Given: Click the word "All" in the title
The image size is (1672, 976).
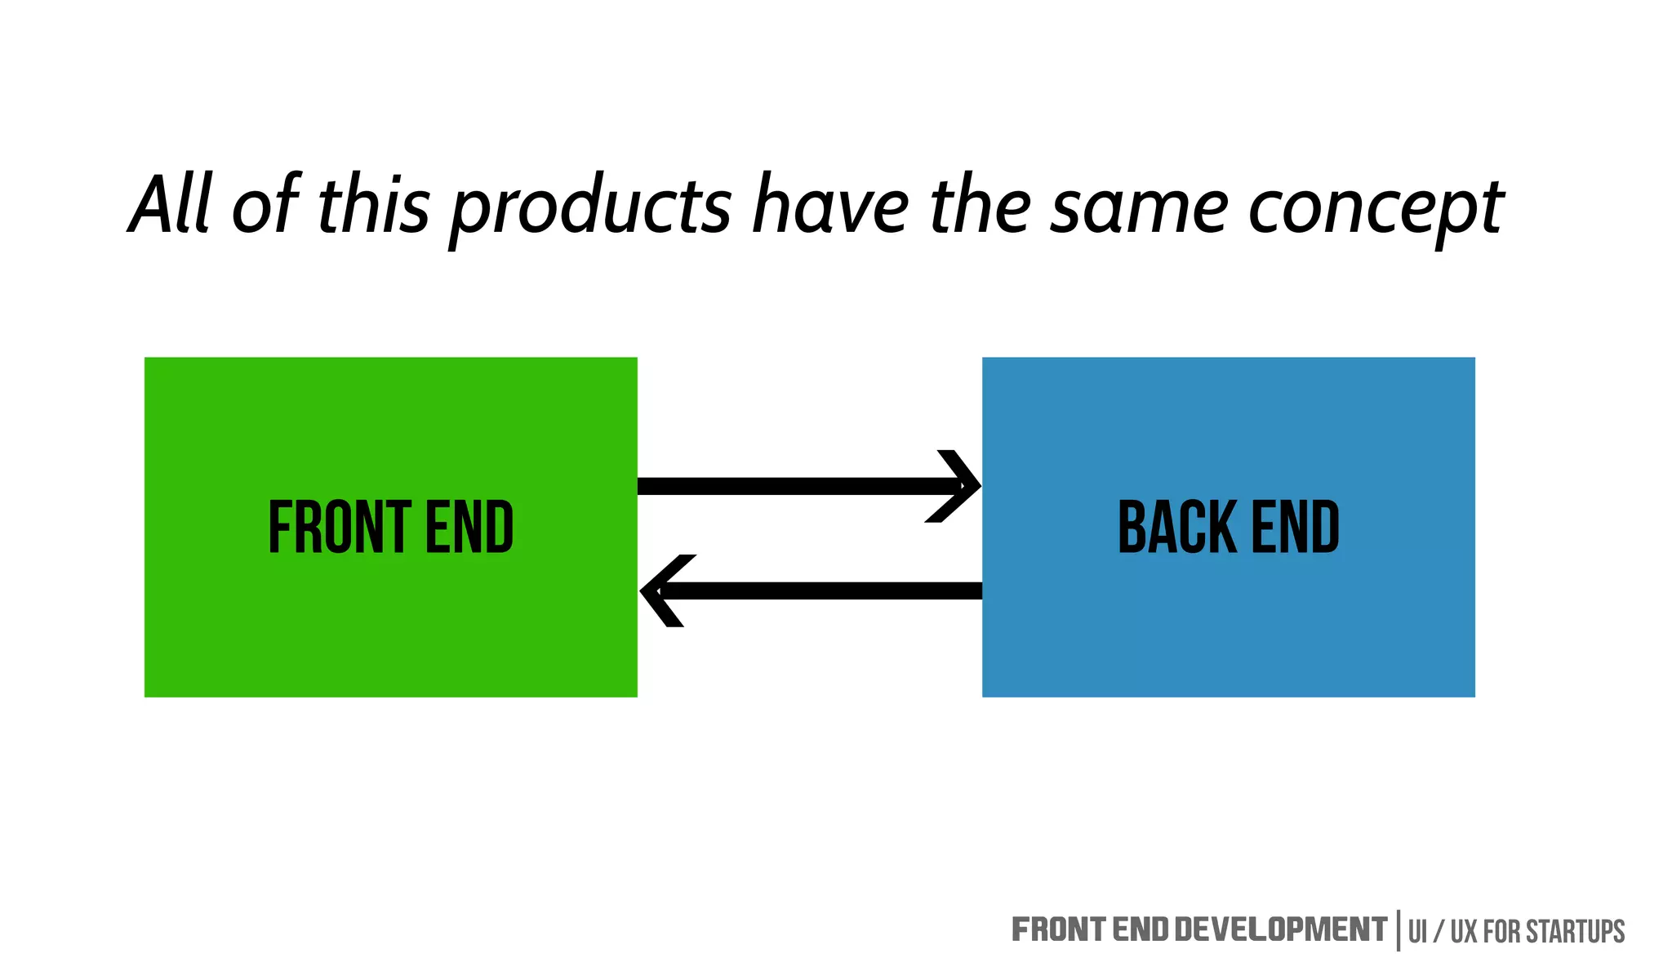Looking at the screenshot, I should click(x=171, y=205).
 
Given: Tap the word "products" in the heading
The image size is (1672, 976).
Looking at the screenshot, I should click(x=590, y=209).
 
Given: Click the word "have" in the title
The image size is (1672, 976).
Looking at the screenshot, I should click(x=830, y=205).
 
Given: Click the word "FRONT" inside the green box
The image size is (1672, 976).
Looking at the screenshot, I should click(x=340, y=528).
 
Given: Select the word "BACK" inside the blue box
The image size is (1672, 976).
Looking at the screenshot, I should click(x=1176, y=528).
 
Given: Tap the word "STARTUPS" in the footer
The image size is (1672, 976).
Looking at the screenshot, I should click(x=1575, y=932).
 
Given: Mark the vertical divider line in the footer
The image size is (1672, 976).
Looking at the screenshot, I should click(x=1399, y=930).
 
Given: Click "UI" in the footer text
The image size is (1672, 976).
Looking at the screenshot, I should click(x=1417, y=932).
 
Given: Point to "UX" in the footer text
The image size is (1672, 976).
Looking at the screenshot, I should click(x=1464, y=932).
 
